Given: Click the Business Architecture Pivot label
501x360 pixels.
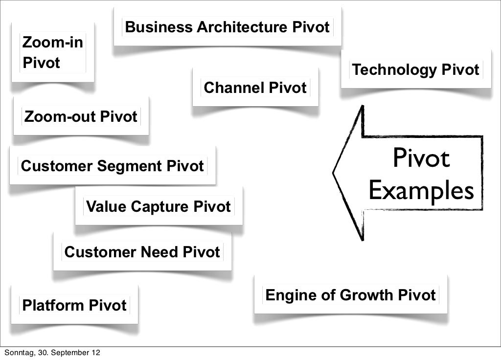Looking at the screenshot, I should (228, 27).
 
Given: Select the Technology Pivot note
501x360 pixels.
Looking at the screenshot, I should (416, 70).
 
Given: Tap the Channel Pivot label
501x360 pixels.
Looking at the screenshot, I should (255, 88).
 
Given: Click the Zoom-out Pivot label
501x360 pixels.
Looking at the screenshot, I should (81, 117).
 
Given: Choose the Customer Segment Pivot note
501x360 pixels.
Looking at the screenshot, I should (113, 166).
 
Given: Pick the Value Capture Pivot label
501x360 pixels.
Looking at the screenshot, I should (158, 207).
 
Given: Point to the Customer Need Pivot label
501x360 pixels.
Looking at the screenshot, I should (142, 252).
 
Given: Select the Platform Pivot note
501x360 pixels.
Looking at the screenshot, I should (75, 306).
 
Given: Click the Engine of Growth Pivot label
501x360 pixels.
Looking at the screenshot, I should (350, 295).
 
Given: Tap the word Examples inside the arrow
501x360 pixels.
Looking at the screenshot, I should (421, 191).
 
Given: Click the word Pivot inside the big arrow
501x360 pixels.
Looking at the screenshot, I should (421, 159).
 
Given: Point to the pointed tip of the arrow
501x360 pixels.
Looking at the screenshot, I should (334, 173).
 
